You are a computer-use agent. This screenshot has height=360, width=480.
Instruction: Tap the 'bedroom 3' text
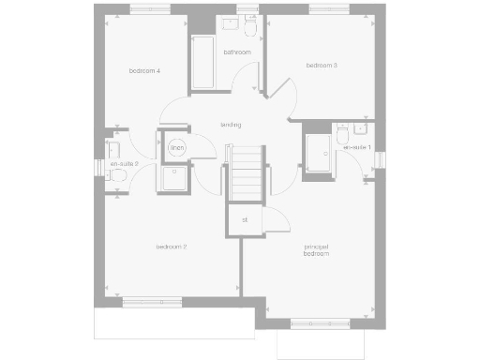[x=322, y=66]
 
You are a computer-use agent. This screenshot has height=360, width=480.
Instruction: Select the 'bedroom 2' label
[x=172, y=247]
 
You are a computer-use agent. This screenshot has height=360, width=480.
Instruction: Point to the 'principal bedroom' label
[x=317, y=251]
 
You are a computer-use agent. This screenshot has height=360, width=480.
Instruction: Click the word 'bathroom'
[x=236, y=52]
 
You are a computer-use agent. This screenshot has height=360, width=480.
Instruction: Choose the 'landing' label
[x=231, y=125]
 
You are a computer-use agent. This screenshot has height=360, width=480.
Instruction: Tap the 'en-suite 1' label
[x=357, y=148]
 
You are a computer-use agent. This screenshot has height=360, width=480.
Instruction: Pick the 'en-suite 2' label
[x=124, y=164]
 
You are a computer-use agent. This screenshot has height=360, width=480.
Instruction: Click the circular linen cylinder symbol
[x=176, y=148]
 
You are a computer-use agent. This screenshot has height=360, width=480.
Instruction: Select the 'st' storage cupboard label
[x=245, y=220]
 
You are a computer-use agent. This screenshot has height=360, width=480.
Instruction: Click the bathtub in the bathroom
[x=204, y=63]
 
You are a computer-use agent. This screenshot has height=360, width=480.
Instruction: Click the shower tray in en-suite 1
[x=318, y=153]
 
